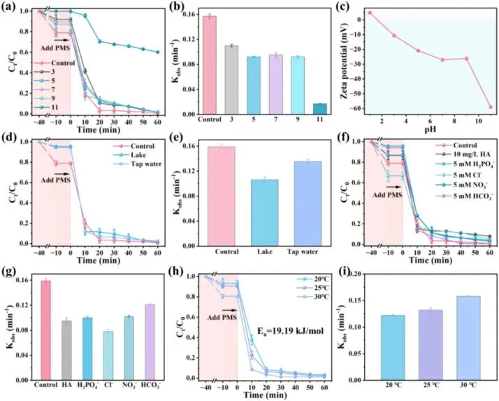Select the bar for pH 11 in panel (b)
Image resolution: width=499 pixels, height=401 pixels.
pyautogui.click(x=319, y=108)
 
